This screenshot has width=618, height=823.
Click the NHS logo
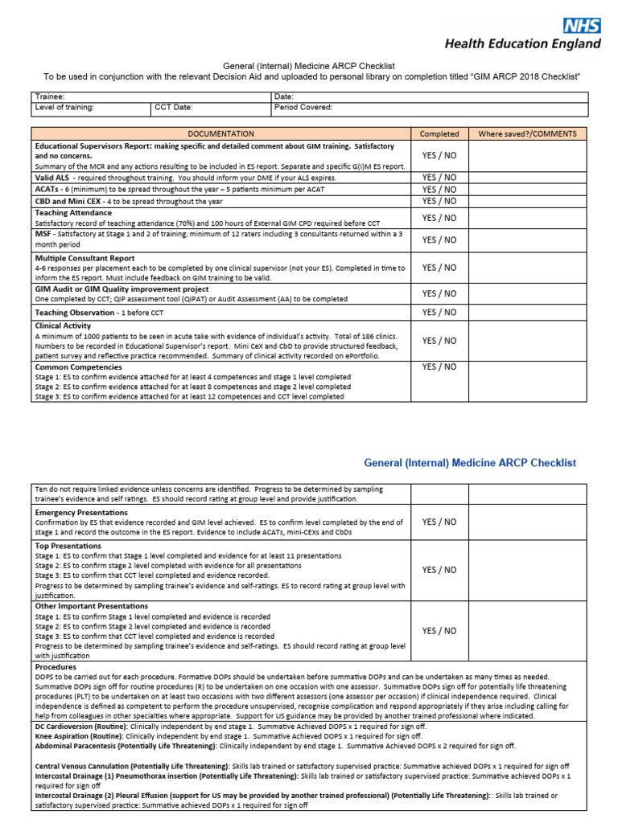pos(581,25)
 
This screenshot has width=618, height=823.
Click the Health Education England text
pos(522,44)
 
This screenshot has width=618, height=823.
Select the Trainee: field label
pos(49,96)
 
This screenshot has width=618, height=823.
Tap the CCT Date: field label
pos(174,107)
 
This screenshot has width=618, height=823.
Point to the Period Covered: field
pos(303,107)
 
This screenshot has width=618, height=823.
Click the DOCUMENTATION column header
pos(220,133)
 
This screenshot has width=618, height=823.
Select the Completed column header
pos(439,133)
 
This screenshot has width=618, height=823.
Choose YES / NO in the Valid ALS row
pos(439,177)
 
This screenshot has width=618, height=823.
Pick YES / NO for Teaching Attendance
pos(439,217)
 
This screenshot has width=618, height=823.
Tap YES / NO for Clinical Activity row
pos(439,340)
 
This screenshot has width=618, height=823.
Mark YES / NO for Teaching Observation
pos(439,312)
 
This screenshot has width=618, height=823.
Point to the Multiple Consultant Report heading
pos(84,258)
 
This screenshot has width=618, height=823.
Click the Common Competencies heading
pos(78,366)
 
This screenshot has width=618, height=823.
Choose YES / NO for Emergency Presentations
pos(439,522)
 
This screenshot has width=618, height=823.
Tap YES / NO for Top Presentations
pos(439,570)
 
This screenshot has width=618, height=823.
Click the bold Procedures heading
pos(56,666)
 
